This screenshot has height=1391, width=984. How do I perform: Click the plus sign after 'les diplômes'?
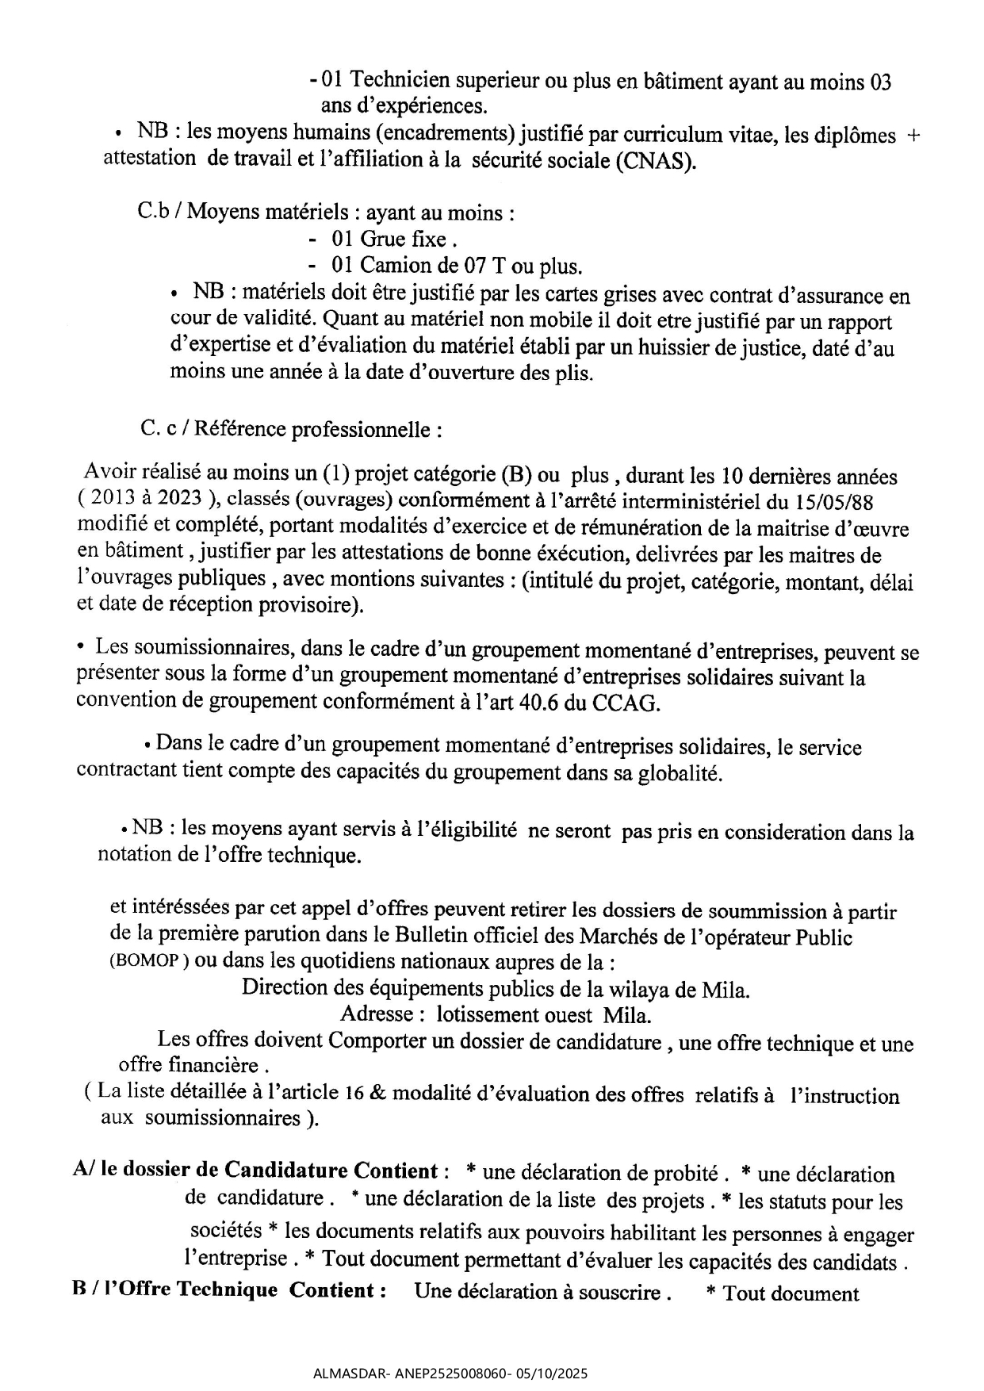(913, 136)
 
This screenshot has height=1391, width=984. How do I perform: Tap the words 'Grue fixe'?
(404, 239)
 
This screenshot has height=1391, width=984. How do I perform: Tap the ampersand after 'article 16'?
(377, 1094)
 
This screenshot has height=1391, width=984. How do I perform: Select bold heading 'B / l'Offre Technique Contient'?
(228, 1289)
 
